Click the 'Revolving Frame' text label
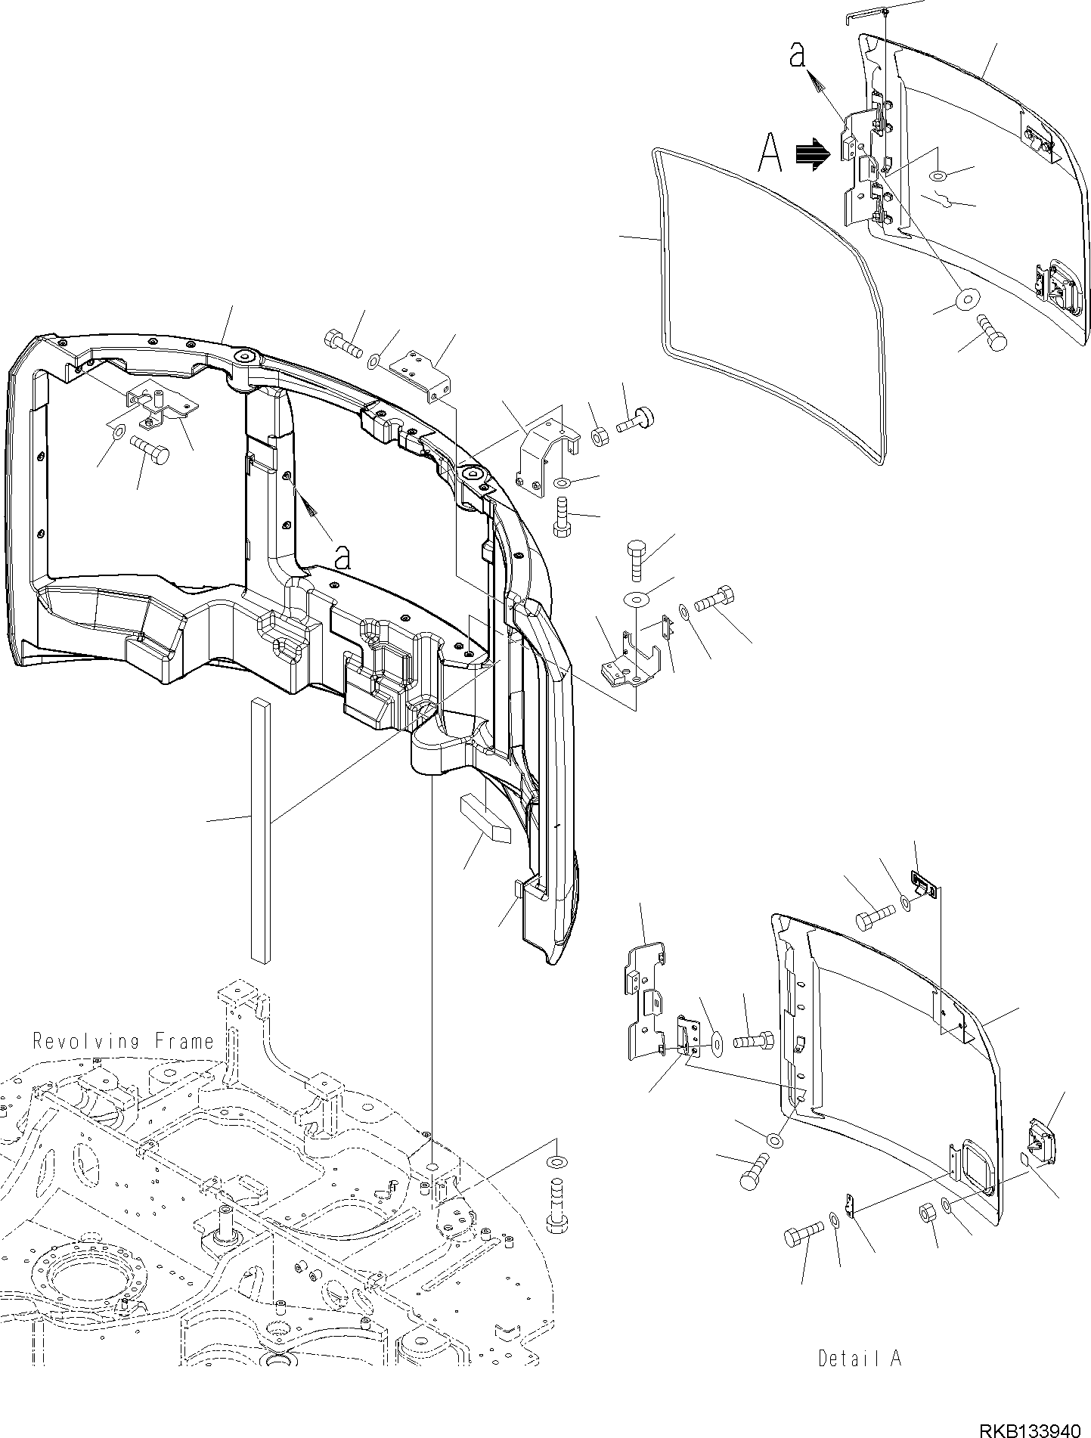124,1041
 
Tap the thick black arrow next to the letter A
813,153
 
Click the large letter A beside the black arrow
770,155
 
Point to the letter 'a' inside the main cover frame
342,558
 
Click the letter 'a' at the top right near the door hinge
796,55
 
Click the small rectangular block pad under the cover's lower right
485,818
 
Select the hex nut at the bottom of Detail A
928,1213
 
